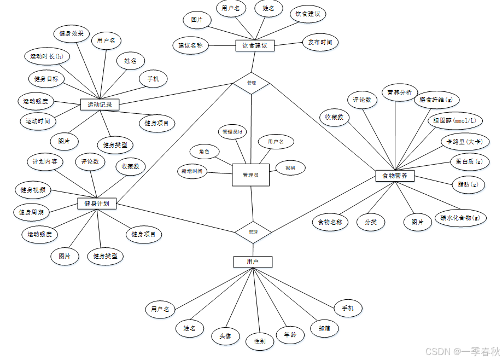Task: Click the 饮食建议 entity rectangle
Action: [254, 46]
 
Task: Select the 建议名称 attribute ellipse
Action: [190, 45]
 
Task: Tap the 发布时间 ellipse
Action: [320, 42]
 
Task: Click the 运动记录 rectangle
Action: [100, 104]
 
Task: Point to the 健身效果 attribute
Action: [71, 33]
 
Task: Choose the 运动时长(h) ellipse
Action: [46, 56]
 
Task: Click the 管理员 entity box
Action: [250, 175]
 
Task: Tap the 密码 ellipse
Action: [290, 168]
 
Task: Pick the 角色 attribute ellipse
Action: [204, 152]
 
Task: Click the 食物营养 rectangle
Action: [395, 176]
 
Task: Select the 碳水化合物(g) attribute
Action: [460, 217]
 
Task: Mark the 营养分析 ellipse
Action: [399, 92]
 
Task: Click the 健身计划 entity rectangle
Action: [97, 204]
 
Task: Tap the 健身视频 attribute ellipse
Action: [33, 190]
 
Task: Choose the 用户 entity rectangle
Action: [252, 262]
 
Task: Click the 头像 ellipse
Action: [225, 335]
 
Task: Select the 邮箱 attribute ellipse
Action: [324, 328]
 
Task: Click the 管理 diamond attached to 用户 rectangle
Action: [253, 232]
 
